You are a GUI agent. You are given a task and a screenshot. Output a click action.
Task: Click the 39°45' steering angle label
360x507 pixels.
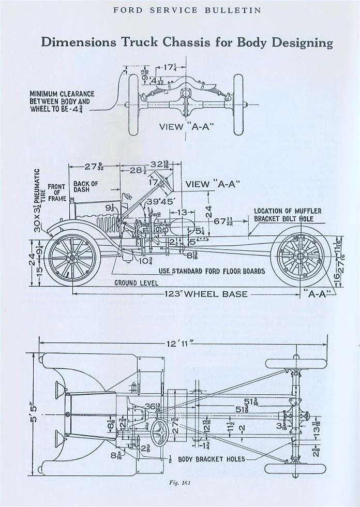tap(161, 202)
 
